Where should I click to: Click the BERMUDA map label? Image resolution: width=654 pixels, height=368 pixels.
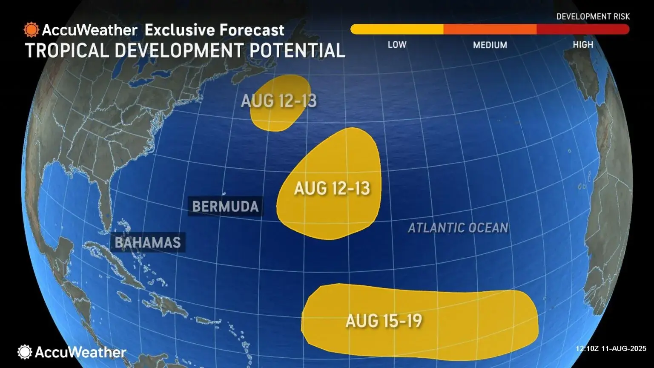tap(225, 207)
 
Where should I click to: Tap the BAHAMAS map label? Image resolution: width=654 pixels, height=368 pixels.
tap(148, 242)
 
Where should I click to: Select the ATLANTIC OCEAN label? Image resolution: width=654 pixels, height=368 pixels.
tap(458, 228)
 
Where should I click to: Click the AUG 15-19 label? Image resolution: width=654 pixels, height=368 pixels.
tap(384, 321)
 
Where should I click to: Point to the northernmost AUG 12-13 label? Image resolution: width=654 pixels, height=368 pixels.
tap(279, 101)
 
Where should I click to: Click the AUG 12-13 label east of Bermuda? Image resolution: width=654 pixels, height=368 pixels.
tap(332, 188)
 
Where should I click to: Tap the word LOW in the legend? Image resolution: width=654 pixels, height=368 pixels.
tap(397, 45)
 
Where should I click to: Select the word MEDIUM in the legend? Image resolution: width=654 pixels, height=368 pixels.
tap(490, 45)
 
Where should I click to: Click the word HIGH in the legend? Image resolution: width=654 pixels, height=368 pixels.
tap(583, 45)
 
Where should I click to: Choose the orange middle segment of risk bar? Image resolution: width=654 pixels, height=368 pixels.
tap(490, 29)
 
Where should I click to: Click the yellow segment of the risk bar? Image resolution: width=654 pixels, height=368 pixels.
tap(397, 29)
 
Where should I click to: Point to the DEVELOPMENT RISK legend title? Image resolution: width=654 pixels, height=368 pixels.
tap(593, 17)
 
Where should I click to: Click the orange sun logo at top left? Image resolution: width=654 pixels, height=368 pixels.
tap(32, 30)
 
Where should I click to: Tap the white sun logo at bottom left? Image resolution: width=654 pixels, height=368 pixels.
tap(25, 352)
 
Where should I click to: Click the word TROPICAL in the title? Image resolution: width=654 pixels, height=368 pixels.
tap(67, 50)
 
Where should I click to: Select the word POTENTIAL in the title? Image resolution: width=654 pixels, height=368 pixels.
tap(297, 50)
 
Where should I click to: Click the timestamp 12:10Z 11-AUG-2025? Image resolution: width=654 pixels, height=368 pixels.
tap(611, 348)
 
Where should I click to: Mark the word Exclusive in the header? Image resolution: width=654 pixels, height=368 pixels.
tap(179, 30)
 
